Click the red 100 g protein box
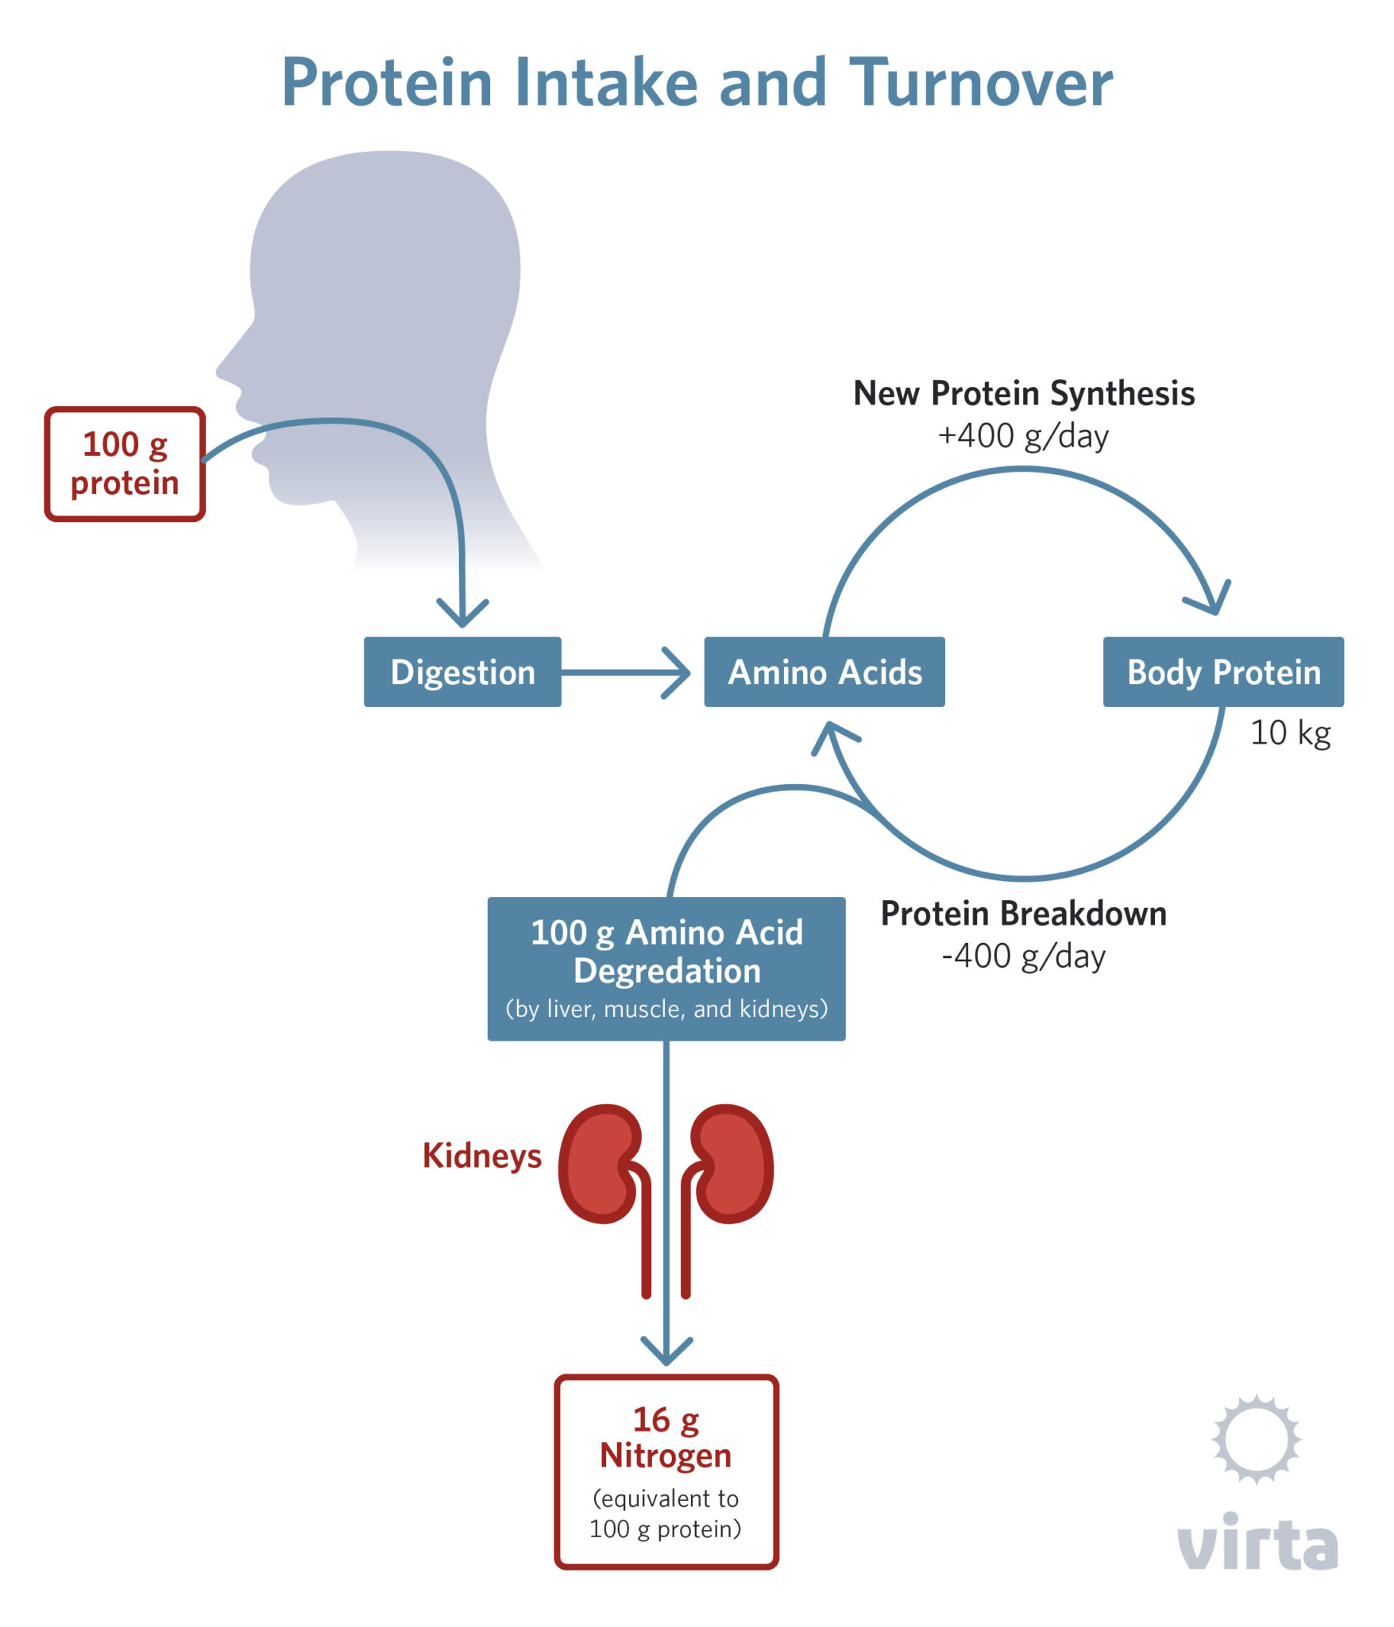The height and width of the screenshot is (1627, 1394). [x=125, y=464]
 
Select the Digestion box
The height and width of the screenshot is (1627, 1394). [x=462, y=672]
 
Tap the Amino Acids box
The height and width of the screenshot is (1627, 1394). [x=824, y=672]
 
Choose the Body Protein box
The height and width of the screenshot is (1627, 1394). [x=1223, y=672]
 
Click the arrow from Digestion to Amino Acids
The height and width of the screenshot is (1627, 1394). [x=627, y=673]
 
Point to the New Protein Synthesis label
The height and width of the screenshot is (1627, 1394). [x=1024, y=393]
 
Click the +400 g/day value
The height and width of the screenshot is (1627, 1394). [x=1023, y=436]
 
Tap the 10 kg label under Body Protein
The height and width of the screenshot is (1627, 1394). [x=1290, y=732]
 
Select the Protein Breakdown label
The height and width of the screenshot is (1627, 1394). [x=1024, y=914]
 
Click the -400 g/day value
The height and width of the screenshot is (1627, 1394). [x=1023, y=956]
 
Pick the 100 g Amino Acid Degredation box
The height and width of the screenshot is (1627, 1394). [x=666, y=968]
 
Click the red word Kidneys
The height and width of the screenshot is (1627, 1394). [x=481, y=1156]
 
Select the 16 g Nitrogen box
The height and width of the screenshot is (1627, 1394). [x=666, y=1472]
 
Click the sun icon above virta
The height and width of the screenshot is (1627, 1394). [x=1256, y=1440]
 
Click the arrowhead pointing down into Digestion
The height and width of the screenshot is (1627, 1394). [x=462, y=615]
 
